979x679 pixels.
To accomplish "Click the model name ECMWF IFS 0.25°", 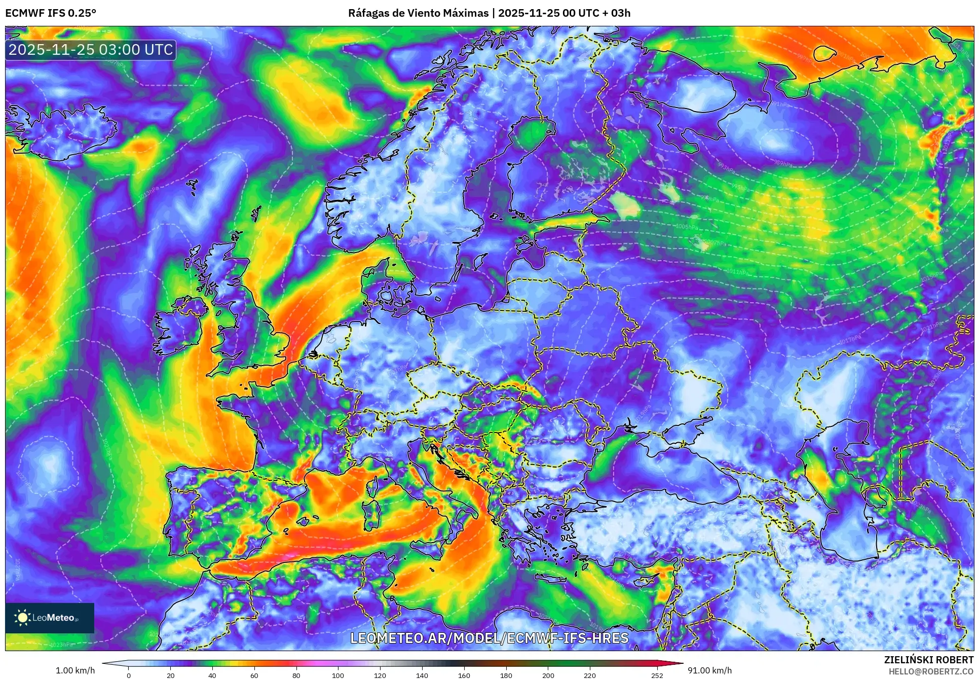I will (51, 13).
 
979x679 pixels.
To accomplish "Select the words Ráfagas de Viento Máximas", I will (418, 13).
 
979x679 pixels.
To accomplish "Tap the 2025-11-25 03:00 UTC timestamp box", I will (91, 50).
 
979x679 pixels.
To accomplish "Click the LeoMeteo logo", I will (49, 618).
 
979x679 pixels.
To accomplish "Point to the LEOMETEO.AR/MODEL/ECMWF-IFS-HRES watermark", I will (489, 638).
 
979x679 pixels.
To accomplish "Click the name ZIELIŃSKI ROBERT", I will (928, 660).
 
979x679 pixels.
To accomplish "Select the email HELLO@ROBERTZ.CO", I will (931, 671).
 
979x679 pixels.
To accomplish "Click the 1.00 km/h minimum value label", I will (75, 670).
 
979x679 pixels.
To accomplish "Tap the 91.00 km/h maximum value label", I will (709, 670).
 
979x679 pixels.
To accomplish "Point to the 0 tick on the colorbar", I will (129, 675).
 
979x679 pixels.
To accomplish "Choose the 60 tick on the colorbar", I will (254, 675).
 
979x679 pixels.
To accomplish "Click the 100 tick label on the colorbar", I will (338, 675).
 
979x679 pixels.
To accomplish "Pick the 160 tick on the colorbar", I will (464, 675).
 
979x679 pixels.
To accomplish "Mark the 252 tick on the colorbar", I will (657, 675).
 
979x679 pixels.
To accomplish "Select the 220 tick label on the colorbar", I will (590, 675).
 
